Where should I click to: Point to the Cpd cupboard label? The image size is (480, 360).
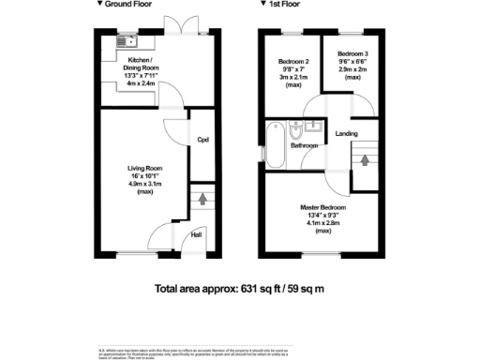202,141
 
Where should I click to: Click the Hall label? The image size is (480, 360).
198,236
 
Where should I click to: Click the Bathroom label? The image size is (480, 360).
302,146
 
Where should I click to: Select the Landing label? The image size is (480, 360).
347,134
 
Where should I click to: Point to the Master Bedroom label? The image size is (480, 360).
323,207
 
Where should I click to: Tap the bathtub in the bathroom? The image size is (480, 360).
274,142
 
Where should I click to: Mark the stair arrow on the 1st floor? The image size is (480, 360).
365,158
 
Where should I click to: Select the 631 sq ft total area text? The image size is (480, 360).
239,290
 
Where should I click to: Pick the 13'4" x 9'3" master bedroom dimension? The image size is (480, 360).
323,215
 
